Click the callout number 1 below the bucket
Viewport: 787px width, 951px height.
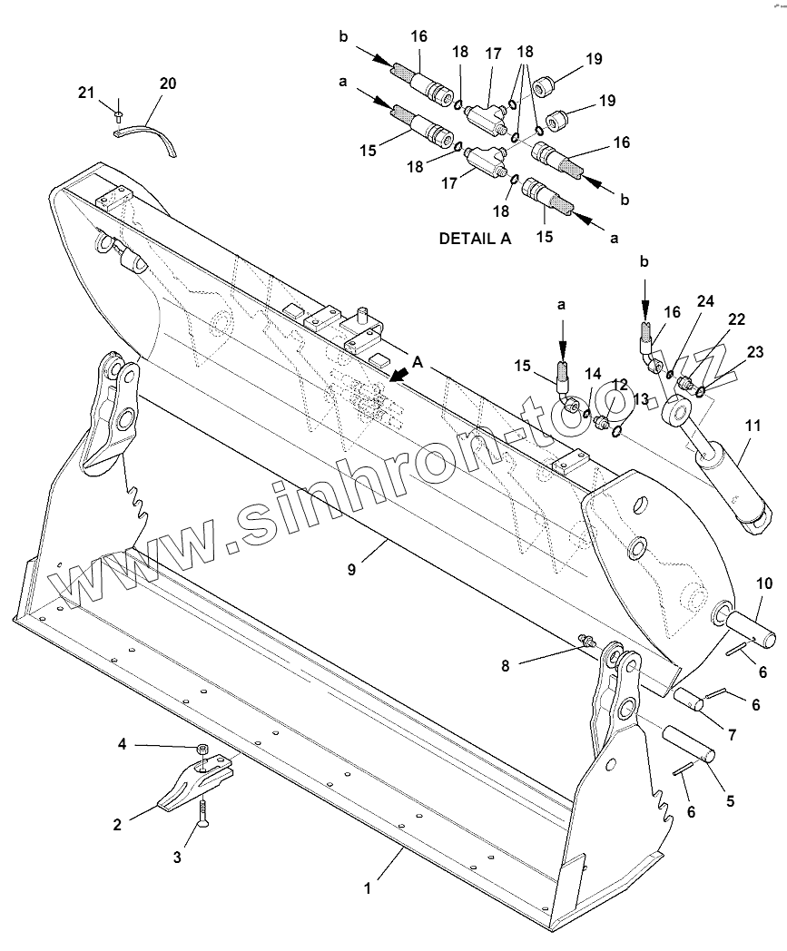368,890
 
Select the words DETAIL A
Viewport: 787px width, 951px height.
475,240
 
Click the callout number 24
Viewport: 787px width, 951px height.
705,300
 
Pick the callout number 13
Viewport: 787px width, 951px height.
642,399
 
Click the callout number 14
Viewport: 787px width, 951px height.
593,373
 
